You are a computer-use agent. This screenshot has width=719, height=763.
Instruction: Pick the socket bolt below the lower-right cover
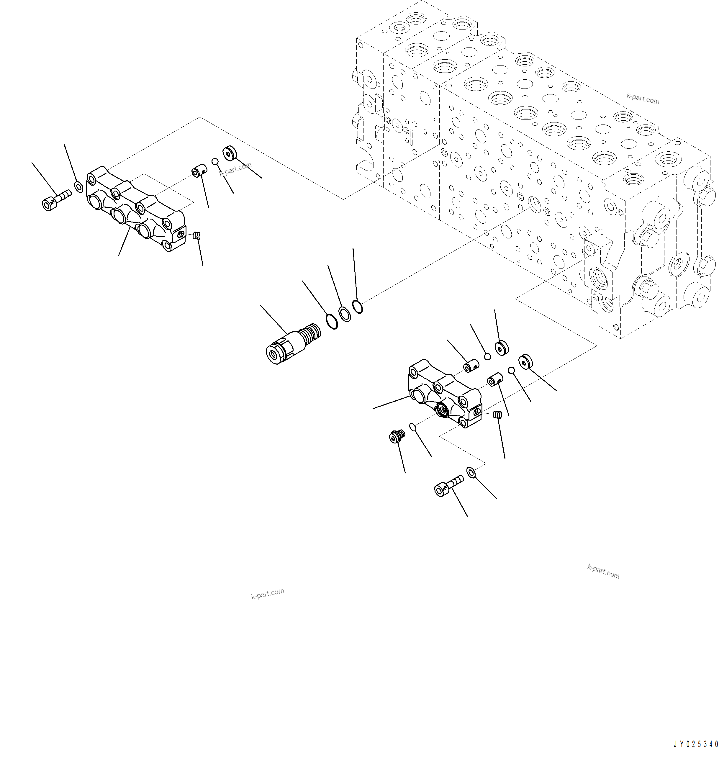tap(448, 486)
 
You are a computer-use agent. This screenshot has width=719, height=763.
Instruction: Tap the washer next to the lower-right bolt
tap(471, 472)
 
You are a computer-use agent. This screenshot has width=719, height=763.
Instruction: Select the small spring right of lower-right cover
tap(497, 415)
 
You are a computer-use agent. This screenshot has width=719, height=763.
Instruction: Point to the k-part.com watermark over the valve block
tap(643, 99)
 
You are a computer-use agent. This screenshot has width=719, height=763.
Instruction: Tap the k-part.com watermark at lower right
tap(603, 572)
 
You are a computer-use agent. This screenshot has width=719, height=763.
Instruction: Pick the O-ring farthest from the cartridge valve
tap(357, 307)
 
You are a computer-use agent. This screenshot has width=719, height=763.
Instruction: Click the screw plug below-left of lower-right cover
tap(395, 436)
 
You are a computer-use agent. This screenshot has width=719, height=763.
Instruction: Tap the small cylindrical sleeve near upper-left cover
tap(199, 171)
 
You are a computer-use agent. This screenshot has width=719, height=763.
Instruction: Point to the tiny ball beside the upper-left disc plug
tap(215, 161)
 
